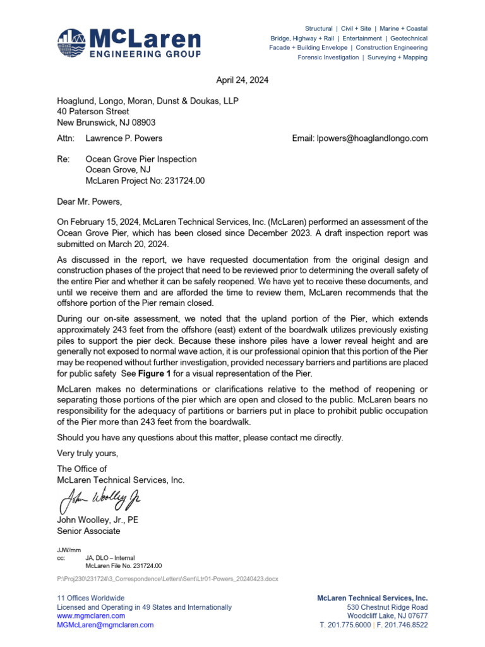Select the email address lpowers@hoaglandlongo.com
360,138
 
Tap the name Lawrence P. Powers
124,138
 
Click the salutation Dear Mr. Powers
88,202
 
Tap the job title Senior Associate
88,531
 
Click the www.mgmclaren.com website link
91,615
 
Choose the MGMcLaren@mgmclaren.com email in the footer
105,625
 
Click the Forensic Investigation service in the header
324,57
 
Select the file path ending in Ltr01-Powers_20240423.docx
167,579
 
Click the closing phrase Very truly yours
87,453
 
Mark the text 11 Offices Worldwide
91,598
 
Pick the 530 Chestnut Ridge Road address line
387,607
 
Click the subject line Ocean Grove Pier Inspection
141,159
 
